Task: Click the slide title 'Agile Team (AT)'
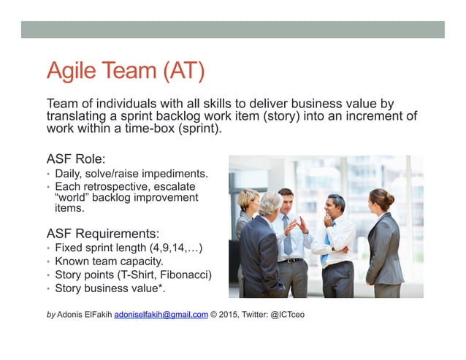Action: click(x=125, y=72)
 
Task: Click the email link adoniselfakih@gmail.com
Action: click(x=161, y=315)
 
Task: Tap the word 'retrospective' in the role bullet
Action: click(x=118, y=187)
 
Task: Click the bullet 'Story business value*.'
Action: click(x=110, y=288)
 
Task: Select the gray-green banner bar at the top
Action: click(x=232, y=29)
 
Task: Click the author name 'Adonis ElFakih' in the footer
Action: click(x=83, y=315)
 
